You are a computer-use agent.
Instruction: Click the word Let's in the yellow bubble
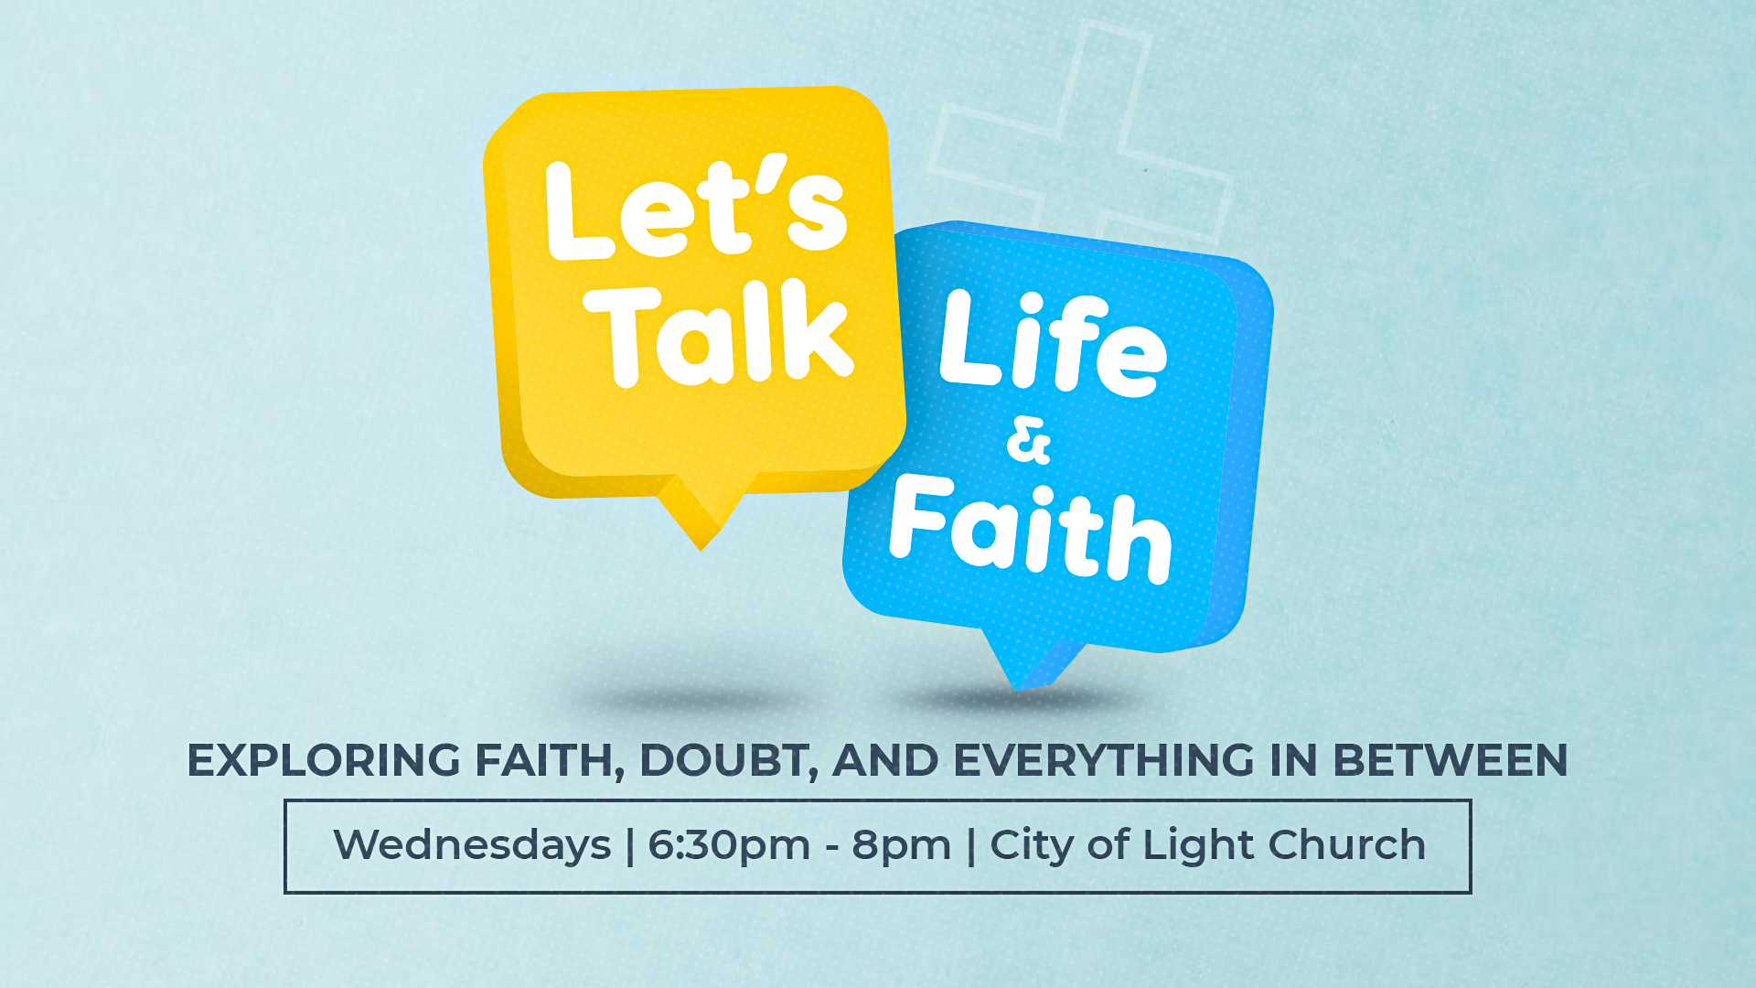point(696,209)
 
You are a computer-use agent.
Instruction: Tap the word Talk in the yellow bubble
point(721,333)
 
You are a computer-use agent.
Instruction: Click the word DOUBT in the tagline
point(723,761)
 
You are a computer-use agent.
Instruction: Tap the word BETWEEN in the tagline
point(1450,761)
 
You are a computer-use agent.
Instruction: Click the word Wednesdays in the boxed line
point(472,845)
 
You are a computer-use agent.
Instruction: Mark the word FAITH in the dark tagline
point(548,761)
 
